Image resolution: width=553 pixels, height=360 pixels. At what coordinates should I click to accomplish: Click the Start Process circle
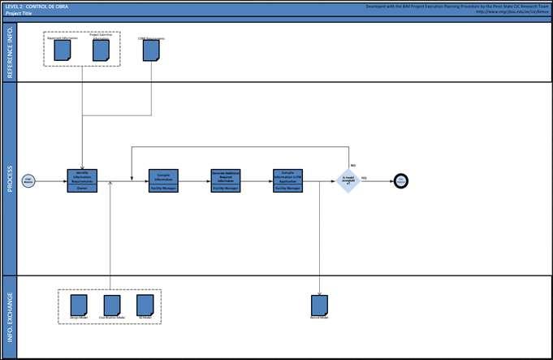(28, 181)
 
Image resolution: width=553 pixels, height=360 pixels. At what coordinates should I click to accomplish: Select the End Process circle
(400, 180)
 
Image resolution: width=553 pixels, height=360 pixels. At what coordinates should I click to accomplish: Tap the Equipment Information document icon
(63, 50)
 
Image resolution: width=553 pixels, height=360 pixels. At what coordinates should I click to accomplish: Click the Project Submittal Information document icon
(101, 50)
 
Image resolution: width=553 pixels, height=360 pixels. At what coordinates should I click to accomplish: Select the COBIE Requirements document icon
(151, 50)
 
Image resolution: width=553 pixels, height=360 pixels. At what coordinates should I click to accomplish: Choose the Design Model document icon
(79, 304)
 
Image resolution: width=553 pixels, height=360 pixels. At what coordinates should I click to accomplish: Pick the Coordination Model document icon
(112, 304)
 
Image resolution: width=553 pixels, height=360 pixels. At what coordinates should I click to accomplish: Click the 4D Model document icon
(145, 304)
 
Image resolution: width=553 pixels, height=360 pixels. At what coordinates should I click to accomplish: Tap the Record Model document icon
(320, 305)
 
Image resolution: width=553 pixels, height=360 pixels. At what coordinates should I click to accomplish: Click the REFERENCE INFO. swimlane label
(10, 51)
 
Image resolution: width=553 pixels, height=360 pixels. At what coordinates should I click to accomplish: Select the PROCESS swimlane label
(10, 179)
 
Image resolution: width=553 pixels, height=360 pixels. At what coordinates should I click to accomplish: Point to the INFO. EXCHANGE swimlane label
(10, 317)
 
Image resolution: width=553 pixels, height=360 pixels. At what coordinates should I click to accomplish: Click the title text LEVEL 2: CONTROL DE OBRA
(37, 6)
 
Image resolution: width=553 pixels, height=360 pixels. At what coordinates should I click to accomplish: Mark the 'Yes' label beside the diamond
(364, 177)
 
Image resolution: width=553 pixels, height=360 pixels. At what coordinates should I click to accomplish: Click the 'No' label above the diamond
(353, 165)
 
